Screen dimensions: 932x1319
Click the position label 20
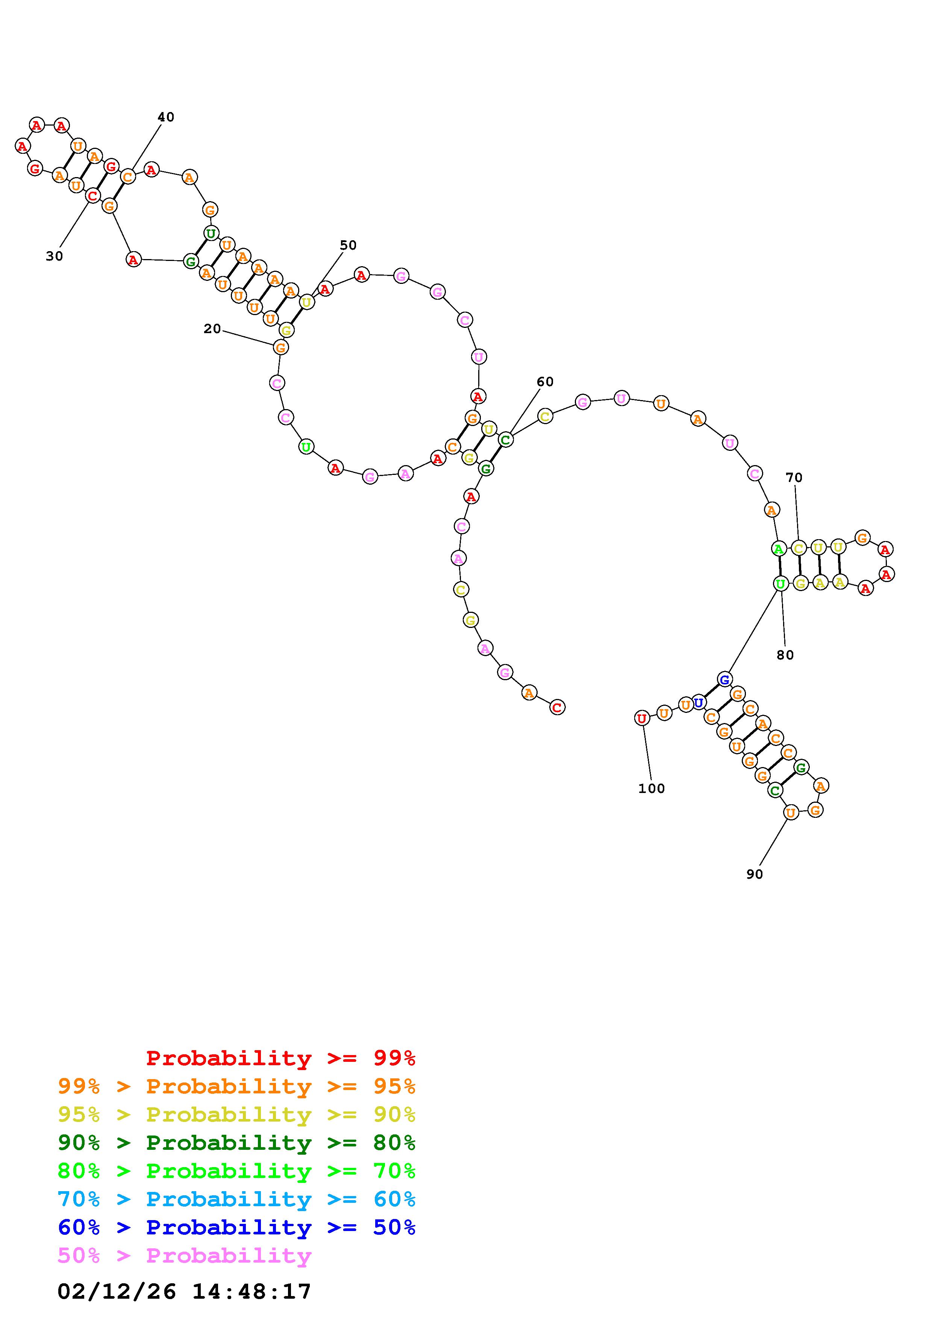(x=212, y=329)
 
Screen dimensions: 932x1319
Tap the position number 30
(x=54, y=256)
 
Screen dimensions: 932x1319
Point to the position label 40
(x=165, y=117)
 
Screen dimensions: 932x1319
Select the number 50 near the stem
(x=348, y=245)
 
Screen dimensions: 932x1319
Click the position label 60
(x=545, y=382)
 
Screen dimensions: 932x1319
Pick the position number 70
(x=794, y=478)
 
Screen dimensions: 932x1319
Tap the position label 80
(x=785, y=655)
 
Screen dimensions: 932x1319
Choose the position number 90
(x=755, y=874)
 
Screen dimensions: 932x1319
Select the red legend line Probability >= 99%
(x=281, y=1058)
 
